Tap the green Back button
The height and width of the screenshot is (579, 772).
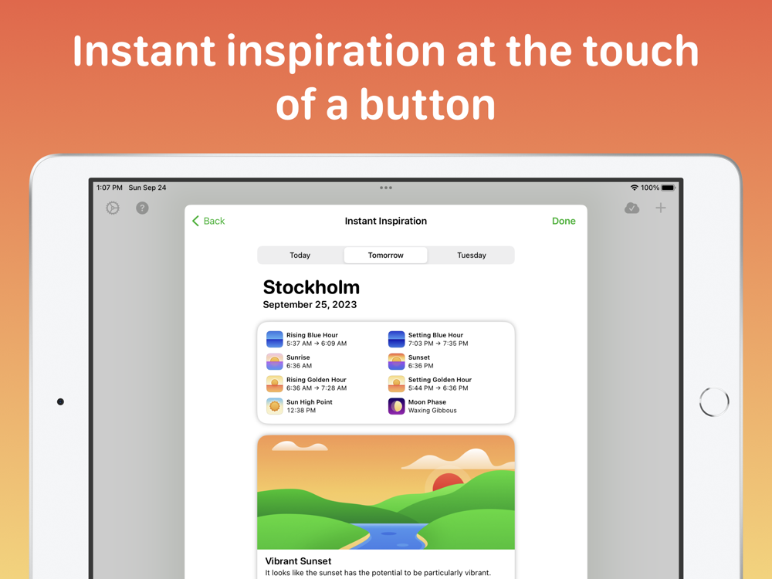click(208, 221)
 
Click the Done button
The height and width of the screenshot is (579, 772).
click(564, 221)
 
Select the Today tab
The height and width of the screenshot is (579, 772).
click(300, 255)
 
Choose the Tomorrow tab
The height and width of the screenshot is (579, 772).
click(385, 255)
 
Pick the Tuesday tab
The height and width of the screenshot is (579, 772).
click(471, 255)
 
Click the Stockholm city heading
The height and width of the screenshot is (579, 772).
click(311, 287)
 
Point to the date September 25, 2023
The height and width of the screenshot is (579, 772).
click(310, 304)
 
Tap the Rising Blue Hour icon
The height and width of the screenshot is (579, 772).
click(275, 339)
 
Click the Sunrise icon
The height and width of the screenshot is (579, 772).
click(275, 361)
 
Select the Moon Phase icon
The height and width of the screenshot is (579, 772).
click(396, 406)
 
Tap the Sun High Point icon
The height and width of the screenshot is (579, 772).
click(275, 406)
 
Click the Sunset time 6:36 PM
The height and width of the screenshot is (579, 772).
click(421, 366)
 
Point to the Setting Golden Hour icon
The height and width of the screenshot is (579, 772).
click(396, 384)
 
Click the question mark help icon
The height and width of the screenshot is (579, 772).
click(142, 208)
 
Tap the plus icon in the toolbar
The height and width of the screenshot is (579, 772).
click(661, 208)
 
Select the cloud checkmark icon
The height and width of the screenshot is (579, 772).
click(631, 208)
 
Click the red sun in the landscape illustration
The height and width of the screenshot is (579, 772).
click(448, 482)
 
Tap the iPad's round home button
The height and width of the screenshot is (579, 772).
click(714, 401)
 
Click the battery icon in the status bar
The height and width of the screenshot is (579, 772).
click(669, 188)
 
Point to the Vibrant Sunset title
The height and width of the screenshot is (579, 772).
click(298, 560)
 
